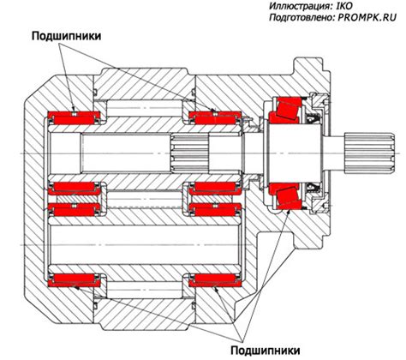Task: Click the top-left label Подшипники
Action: coord(66,37)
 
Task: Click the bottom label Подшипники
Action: coord(266,350)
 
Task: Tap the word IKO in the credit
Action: coord(344,6)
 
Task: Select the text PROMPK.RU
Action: coord(367,17)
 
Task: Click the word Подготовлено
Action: coord(302,18)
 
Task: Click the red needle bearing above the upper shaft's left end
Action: coord(75,118)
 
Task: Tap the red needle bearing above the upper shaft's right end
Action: coord(215,118)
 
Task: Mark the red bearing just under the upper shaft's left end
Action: coord(75,189)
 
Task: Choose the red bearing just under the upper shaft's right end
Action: coord(215,189)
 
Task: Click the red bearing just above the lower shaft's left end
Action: coord(75,210)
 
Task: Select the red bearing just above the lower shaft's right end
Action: coord(215,210)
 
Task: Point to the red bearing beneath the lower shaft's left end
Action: coord(75,280)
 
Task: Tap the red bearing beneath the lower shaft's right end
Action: coord(215,280)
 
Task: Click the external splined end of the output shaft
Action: coord(370,153)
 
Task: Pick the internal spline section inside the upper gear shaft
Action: coord(190,153)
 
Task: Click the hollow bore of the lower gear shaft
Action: coord(144,245)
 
